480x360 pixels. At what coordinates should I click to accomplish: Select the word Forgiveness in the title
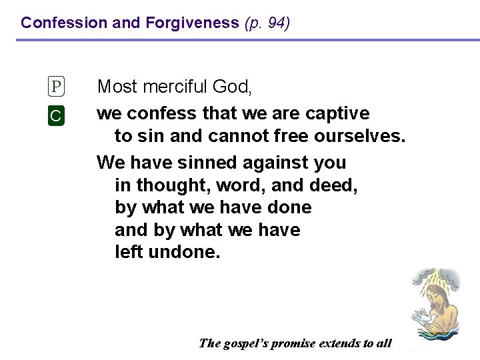192,23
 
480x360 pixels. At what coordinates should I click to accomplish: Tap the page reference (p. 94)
267,23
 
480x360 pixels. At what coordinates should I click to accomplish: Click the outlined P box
57,87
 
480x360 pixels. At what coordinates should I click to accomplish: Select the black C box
57,115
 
